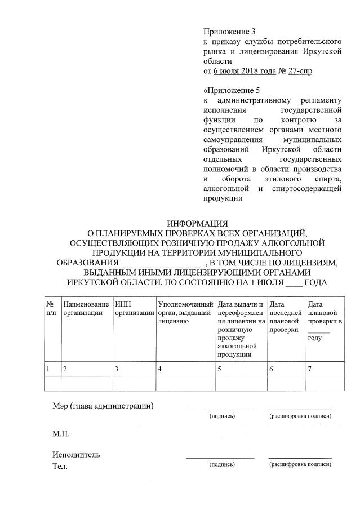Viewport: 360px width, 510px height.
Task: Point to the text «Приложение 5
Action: (x=226, y=90)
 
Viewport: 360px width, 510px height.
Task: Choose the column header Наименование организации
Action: (x=86, y=308)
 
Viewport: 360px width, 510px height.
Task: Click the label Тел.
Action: (x=60, y=466)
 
